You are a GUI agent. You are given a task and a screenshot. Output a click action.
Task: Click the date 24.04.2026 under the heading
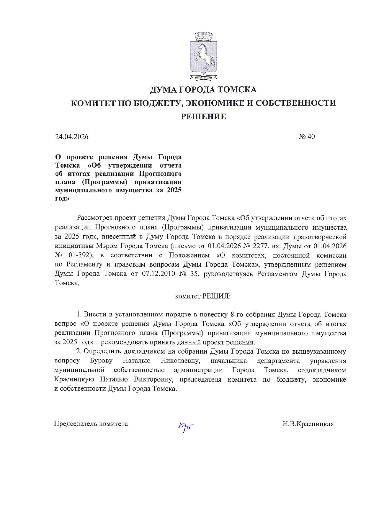(x=72, y=137)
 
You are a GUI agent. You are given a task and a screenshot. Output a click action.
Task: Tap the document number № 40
(x=307, y=137)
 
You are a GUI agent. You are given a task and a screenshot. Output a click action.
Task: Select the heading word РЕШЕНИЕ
(x=203, y=117)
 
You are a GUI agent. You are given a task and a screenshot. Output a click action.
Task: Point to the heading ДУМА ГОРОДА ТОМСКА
(x=203, y=89)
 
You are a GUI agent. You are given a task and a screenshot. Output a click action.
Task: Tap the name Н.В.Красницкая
(x=308, y=424)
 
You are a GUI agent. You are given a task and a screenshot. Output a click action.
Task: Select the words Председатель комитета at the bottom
(x=91, y=424)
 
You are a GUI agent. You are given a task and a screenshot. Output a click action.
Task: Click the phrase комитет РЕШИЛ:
(x=203, y=296)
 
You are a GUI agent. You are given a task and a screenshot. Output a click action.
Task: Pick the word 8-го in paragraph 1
(x=237, y=314)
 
